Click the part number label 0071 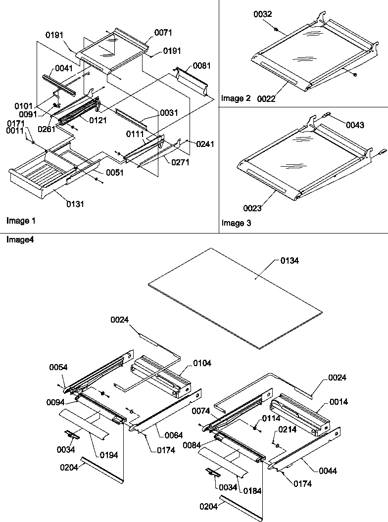pos(163,33)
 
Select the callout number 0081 pos(201,65)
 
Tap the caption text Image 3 pos(236,223)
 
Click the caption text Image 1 pos(20,220)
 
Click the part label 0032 pos(263,15)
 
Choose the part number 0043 pos(355,125)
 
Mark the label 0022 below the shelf pos(266,99)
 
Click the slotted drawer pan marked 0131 pos(35,178)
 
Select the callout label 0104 pos(202,363)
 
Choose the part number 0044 pos(328,471)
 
